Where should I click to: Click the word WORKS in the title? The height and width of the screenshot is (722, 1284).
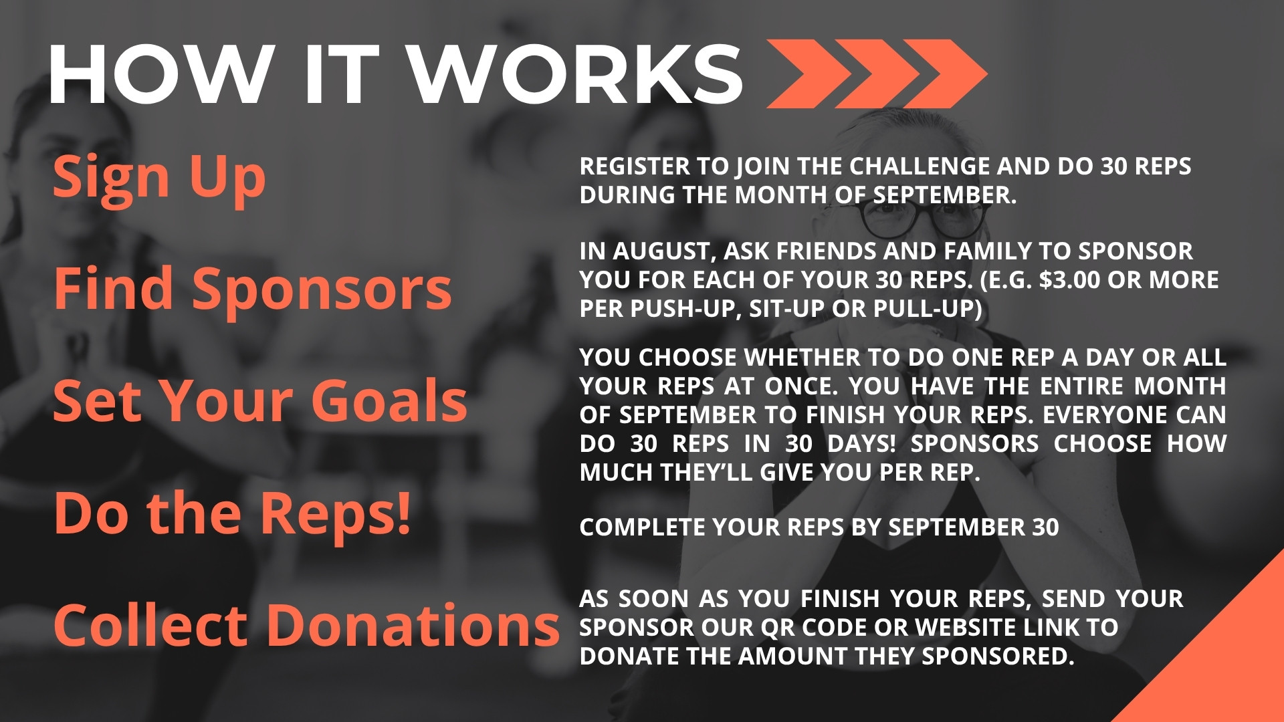[x=576, y=74]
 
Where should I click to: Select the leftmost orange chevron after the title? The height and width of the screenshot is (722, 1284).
[x=809, y=74]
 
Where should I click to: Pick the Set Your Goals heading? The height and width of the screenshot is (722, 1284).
[x=259, y=402]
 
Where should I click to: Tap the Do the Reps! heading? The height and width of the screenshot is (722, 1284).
[x=232, y=513]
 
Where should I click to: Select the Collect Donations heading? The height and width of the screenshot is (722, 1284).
[x=306, y=625]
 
